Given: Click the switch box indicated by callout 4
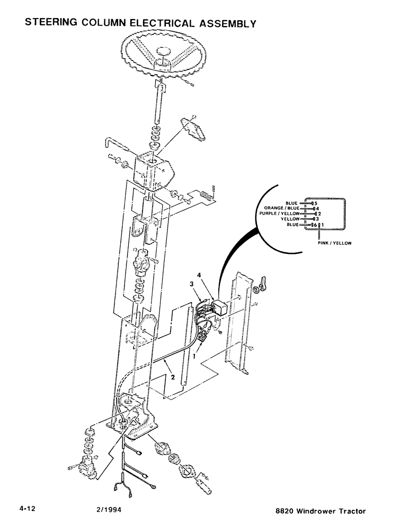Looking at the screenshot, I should (x=217, y=307).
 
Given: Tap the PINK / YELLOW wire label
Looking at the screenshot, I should (x=335, y=243).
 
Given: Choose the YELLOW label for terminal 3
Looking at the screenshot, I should (x=290, y=219).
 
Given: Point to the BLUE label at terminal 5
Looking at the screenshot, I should (x=291, y=202).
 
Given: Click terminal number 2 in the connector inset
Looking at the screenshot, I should (x=319, y=214).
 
